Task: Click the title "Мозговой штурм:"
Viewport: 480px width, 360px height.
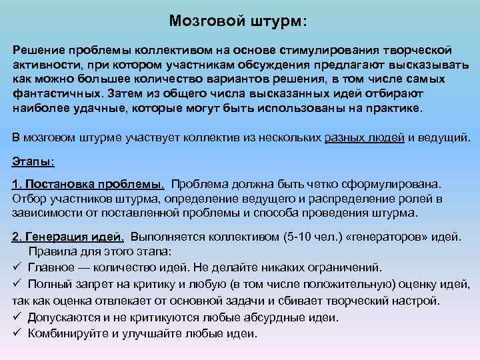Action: [238, 22]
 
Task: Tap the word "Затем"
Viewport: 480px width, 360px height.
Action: [121, 94]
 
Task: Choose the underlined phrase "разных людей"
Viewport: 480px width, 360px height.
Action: [365, 138]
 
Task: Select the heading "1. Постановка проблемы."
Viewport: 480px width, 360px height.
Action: [89, 183]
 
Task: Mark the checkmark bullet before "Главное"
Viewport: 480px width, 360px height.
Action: [17, 267]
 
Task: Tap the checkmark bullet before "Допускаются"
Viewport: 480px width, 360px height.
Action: [17, 318]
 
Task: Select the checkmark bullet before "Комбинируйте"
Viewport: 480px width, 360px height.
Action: [17, 334]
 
